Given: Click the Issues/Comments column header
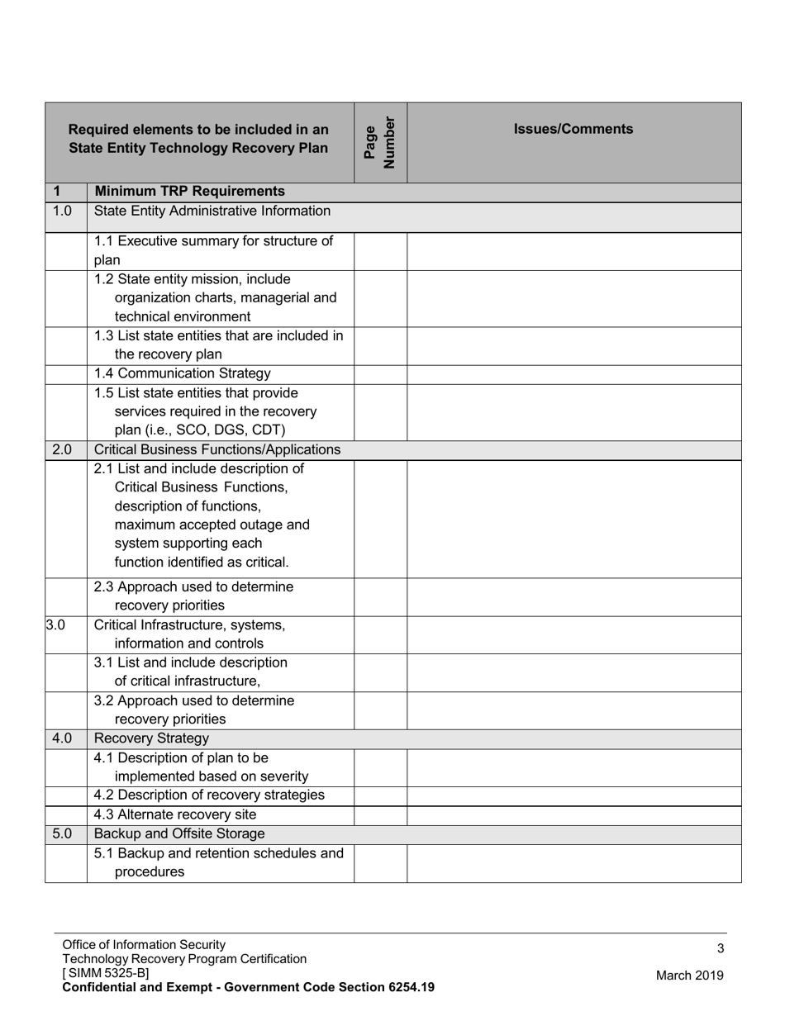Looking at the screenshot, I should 573,129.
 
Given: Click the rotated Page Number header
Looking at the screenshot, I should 380,142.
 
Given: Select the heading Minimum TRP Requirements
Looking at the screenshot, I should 189,192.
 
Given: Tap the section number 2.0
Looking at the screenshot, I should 62,449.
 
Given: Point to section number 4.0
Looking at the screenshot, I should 62,738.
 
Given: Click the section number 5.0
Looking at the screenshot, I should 62,833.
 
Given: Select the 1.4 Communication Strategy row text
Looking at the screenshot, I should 182,373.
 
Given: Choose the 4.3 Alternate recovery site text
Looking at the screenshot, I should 175,814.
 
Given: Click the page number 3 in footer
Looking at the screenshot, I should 721,949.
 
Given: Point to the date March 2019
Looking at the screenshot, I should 689,976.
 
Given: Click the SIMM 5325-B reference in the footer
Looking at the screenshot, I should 106,973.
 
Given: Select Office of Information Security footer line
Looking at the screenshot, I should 144,945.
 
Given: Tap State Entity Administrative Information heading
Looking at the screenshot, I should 212,211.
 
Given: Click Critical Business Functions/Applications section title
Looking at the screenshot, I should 217,449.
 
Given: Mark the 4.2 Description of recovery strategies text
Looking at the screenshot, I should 209,795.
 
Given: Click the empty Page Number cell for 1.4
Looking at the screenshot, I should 380,374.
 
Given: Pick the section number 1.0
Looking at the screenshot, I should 62,211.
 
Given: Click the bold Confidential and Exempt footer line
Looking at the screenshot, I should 248,987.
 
